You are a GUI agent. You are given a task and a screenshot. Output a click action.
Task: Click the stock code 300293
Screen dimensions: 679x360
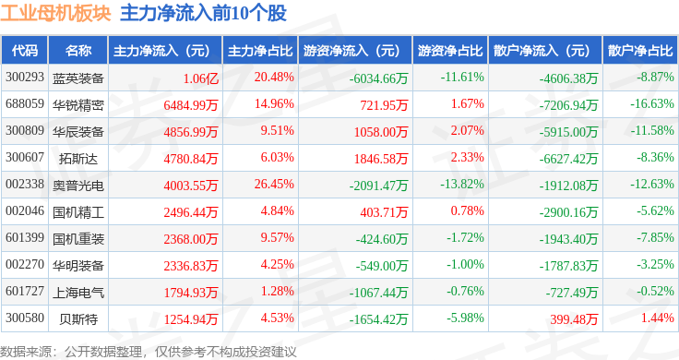pyautogui.click(x=25, y=78)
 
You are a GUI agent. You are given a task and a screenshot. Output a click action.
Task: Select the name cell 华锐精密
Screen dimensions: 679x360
pyautogui.click(x=78, y=105)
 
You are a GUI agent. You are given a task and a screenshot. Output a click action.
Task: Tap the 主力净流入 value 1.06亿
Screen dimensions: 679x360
pyautogui.click(x=201, y=78)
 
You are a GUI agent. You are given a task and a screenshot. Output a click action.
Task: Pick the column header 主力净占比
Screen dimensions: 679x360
pyautogui.click(x=260, y=51)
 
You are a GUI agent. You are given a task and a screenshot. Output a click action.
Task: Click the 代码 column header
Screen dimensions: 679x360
pyautogui.click(x=25, y=51)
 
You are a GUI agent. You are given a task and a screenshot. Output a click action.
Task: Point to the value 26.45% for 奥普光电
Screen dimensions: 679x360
pyautogui.click(x=274, y=184)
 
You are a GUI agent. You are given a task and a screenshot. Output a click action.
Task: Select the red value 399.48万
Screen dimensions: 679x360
pyautogui.click(x=574, y=319)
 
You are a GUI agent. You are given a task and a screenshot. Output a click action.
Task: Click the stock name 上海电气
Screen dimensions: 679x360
pyautogui.click(x=78, y=293)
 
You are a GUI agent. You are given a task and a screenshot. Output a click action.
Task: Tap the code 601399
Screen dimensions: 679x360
pyautogui.click(x=25, y=237)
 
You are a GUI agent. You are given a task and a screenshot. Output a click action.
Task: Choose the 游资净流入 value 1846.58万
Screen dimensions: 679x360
pyautogui.click(x=381, y=159)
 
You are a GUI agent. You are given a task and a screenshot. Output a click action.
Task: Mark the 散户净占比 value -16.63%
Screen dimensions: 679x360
pyautogui.click(x=652, y=103)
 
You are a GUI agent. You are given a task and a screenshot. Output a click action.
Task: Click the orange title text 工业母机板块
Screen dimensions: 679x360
pyautogui.click(x=56, y=13)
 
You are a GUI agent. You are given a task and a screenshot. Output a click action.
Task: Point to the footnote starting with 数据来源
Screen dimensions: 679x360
pyautogui.click(x=149, y=352)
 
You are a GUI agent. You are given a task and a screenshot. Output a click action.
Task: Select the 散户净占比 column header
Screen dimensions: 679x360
pyautogui.click(x=640, y=51)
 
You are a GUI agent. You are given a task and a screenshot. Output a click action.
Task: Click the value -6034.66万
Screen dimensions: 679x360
pyautogui.click(x=379, y=78)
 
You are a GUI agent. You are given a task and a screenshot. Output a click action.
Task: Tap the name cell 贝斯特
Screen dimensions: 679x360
pyautogui.click(x=78, y=319)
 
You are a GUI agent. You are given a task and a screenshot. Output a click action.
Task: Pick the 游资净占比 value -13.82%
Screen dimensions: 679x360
pyautogui.click(x=462, y=184)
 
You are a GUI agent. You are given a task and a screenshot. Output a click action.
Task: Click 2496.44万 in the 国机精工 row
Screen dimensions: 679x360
pyautogui.click(x=191, y=212)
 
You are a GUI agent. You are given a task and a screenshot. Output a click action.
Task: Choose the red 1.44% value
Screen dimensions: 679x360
pyautogui.click(x=658, y=318)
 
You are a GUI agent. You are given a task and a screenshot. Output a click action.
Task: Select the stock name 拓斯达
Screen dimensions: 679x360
pyautogui.click(x=78, y=159)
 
